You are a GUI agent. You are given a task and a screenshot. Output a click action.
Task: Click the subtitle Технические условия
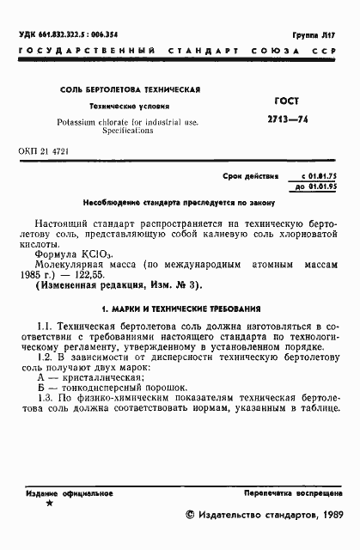point(131,107)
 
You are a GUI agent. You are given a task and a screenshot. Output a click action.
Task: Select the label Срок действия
point(251,176)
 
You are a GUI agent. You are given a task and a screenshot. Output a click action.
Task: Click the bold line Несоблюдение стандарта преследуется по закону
point(179,204)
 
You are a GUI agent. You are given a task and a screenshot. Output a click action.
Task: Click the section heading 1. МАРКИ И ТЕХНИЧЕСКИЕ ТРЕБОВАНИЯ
point(180,309)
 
